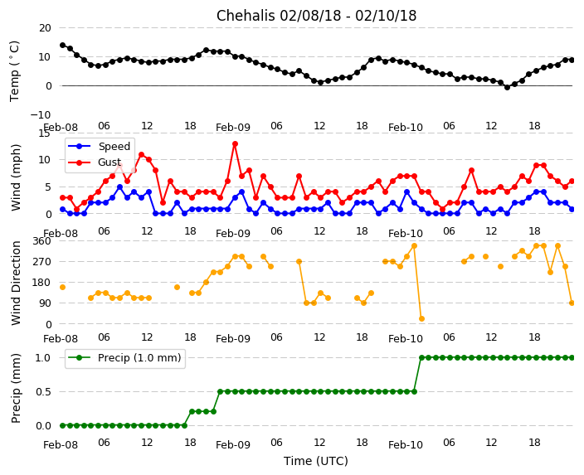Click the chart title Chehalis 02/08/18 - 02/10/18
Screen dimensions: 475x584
[316, 16]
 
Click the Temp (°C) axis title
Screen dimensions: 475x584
[15, 70]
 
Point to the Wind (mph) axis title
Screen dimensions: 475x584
[16, 177]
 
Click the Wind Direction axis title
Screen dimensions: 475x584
[16, 283]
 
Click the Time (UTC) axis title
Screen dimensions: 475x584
[316, 461]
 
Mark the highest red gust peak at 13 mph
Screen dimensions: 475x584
[235, 143]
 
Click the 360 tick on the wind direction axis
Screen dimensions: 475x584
[41, 241]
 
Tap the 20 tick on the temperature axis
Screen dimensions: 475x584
[44, 27]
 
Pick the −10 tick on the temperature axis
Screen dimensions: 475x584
[41, 114]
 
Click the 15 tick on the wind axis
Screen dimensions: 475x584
[44, 133]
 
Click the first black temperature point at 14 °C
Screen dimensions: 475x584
[62, 45]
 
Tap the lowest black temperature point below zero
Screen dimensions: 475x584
[507, 87]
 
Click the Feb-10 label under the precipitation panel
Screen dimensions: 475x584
[406, 445]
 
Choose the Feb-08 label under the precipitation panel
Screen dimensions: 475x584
[61, 445]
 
